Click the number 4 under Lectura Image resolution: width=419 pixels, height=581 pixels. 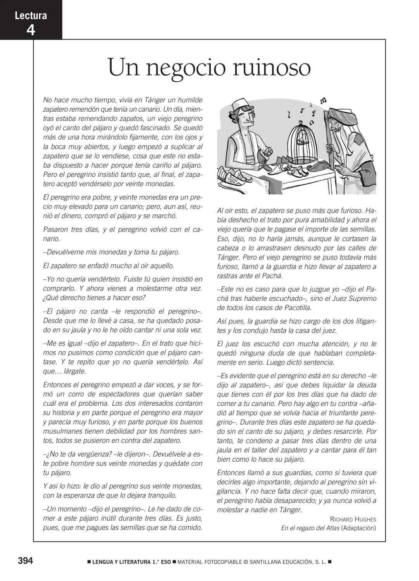(30, 29)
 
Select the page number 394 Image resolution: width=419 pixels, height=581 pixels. (26, 561)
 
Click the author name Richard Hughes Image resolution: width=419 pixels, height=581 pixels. (353, 519)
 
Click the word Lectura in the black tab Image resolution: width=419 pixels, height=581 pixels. (30, 16)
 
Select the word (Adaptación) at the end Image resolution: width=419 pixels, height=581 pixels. (358, 528)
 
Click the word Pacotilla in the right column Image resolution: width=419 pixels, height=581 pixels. (297, 308)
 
